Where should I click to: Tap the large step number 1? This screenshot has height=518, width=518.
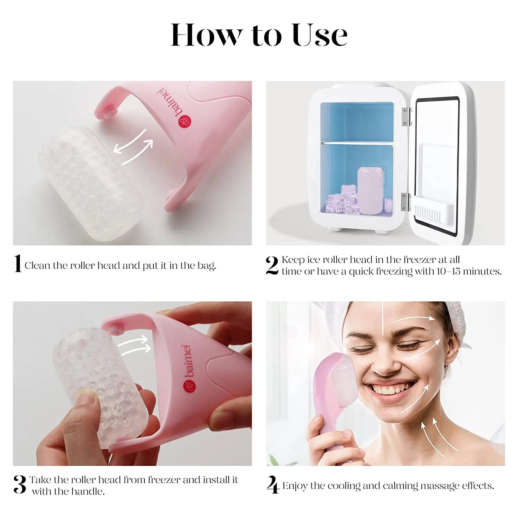coord(18,264)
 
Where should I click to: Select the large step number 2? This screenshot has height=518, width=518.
coord(272,265)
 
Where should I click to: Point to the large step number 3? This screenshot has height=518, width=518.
coord(20,485)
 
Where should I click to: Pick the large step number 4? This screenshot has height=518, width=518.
coord(273,485)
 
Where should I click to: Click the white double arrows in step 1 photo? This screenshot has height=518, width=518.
coord(133,146)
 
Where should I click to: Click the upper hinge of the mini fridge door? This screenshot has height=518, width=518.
coord(406,116)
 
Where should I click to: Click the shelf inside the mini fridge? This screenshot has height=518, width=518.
coord(357,143)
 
